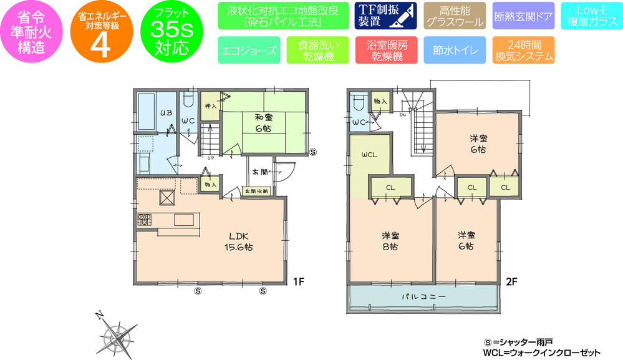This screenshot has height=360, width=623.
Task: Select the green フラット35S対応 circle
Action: click(x=170, y=32)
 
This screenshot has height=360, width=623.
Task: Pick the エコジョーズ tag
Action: click(x=249, y=51)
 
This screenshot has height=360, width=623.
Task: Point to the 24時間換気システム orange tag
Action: click(x=523, y=51)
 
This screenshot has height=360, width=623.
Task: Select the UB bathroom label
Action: click(x=165, y=113)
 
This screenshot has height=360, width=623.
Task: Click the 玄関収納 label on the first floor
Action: click(x=256, y=191)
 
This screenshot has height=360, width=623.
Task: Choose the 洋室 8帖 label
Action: click(x=391, y=241)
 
